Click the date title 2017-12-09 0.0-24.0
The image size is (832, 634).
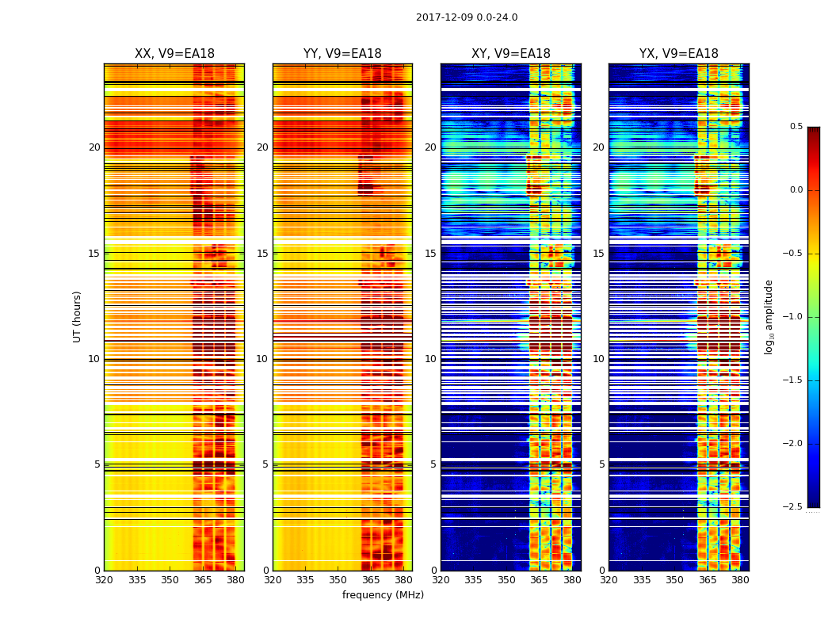pyautogui.click(x=467, y=17)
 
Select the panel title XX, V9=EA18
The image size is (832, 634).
pyautogui.click(x=174, y=54)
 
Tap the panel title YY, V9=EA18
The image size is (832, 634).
pyautogui.click(x=342, y=54)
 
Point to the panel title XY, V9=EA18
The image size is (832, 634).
pyautogui.click(x=511, y=54)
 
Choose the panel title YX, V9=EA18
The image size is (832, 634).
pyautogui.click(x=679, y=54)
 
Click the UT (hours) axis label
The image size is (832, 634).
pyautogui.click(x=78, y=316)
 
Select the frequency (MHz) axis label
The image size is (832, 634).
pyautogui.click(x=383, y=595)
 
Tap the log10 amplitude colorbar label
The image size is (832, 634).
pyautogui.click(x=769, y=316)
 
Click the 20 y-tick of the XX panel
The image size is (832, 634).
pyautogui.click(x=94, y=147)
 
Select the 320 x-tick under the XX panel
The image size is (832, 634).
pyautogui.click(x=104, y=580)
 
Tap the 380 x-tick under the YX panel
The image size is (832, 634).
pyautogui.click(x=740, y=580)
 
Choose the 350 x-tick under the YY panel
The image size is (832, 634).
pyautogui.click(x=338, y=580)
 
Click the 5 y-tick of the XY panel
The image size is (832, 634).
pyautogui.click(x=433, y=464)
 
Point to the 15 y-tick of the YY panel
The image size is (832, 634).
pyautogui.click(x=262, y=254)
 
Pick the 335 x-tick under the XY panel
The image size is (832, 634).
pyautogui.click(x=474, y=580)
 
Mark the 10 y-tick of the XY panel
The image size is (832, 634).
pyautogui.click(x=430, y=359)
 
